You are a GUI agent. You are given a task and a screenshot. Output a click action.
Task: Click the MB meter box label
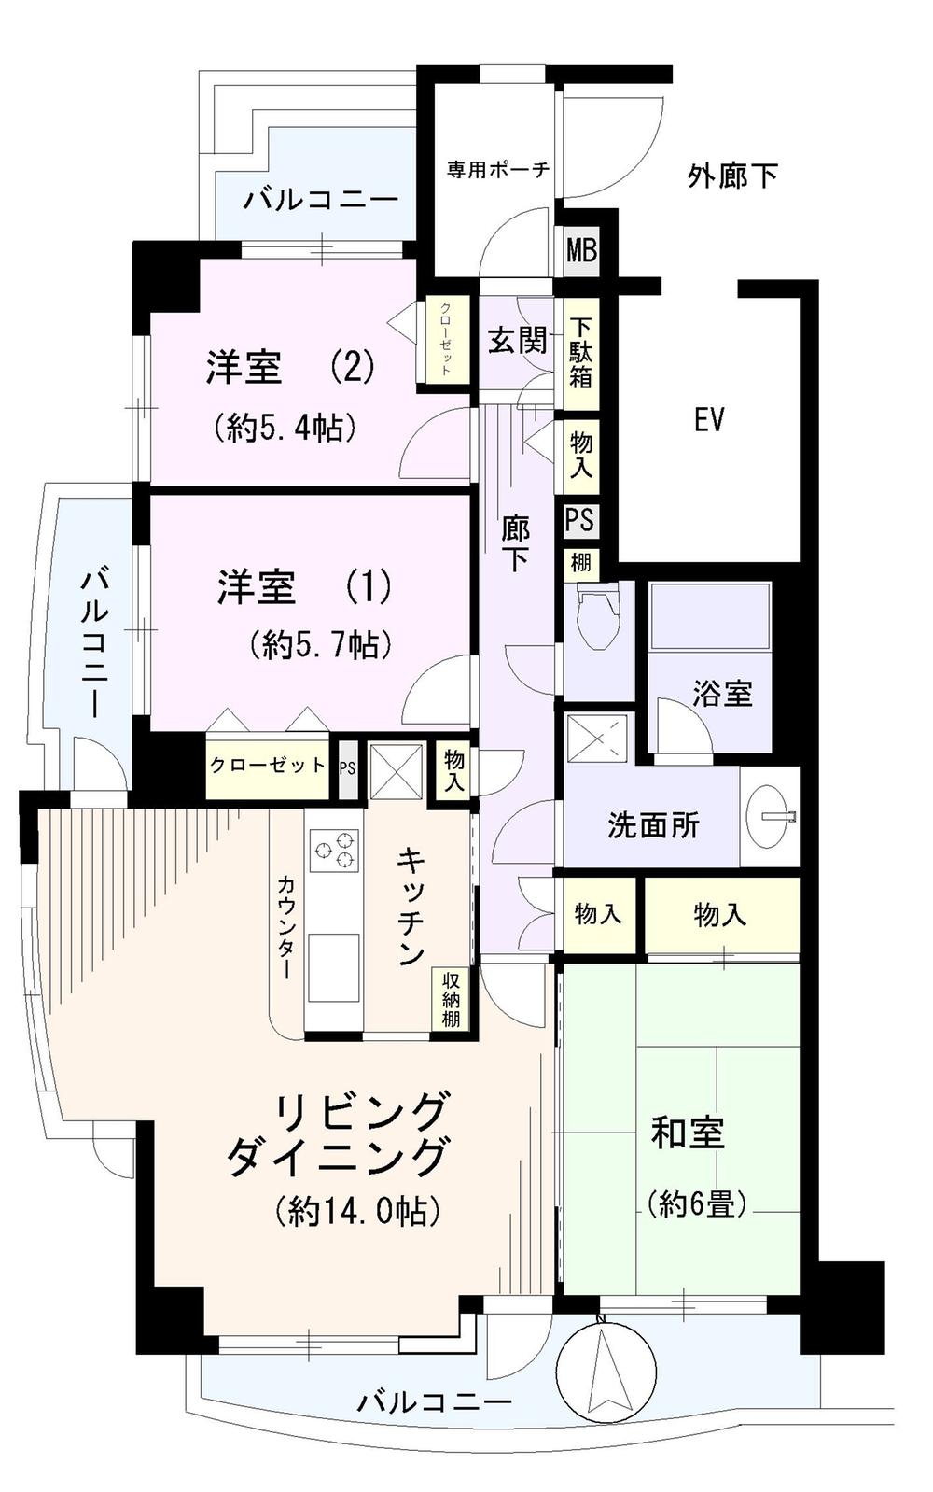tap(581, 251)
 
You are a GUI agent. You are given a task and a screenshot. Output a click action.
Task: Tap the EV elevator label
tap(709, 420)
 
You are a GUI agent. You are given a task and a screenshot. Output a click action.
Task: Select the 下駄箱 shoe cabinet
tap(580, 353)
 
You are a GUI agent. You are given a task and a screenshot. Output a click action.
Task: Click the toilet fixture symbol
tap(598, 616)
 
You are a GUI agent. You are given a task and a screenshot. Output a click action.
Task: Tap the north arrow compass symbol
tap(606, 1371)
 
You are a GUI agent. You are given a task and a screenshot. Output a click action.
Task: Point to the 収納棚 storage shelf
tap(451, 999)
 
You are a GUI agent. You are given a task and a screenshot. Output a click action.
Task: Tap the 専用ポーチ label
tap(497, 170)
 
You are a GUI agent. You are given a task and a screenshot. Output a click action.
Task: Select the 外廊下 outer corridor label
tap(732, 176)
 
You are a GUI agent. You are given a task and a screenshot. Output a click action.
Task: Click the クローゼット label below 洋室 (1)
tap(267, 766)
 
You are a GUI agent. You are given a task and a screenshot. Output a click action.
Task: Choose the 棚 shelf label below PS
tap(580, 563)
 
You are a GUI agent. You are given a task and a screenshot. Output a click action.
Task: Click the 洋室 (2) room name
tap(290, 367)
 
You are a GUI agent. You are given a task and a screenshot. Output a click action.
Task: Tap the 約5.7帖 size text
tap(320, 644)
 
